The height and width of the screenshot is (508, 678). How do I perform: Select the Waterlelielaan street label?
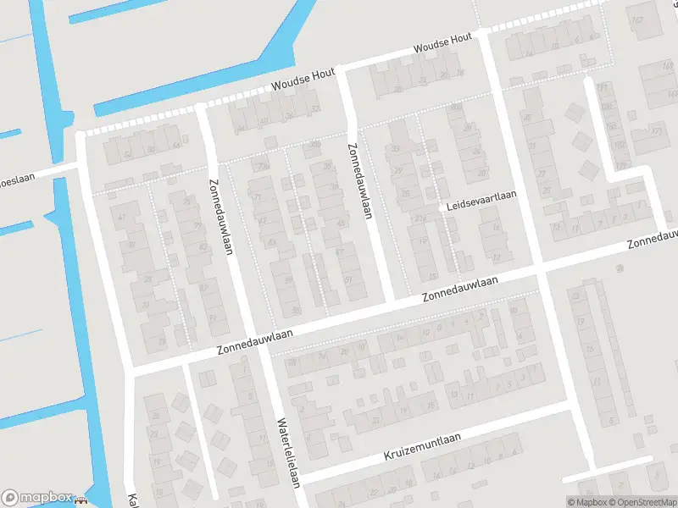(x=289, y=453)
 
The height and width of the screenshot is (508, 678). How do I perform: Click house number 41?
(x=120, y=218)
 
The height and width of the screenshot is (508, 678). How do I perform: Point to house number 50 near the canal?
(x=150, y=150)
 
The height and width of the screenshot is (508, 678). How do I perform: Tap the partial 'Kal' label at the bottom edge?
(x=131, y=500)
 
